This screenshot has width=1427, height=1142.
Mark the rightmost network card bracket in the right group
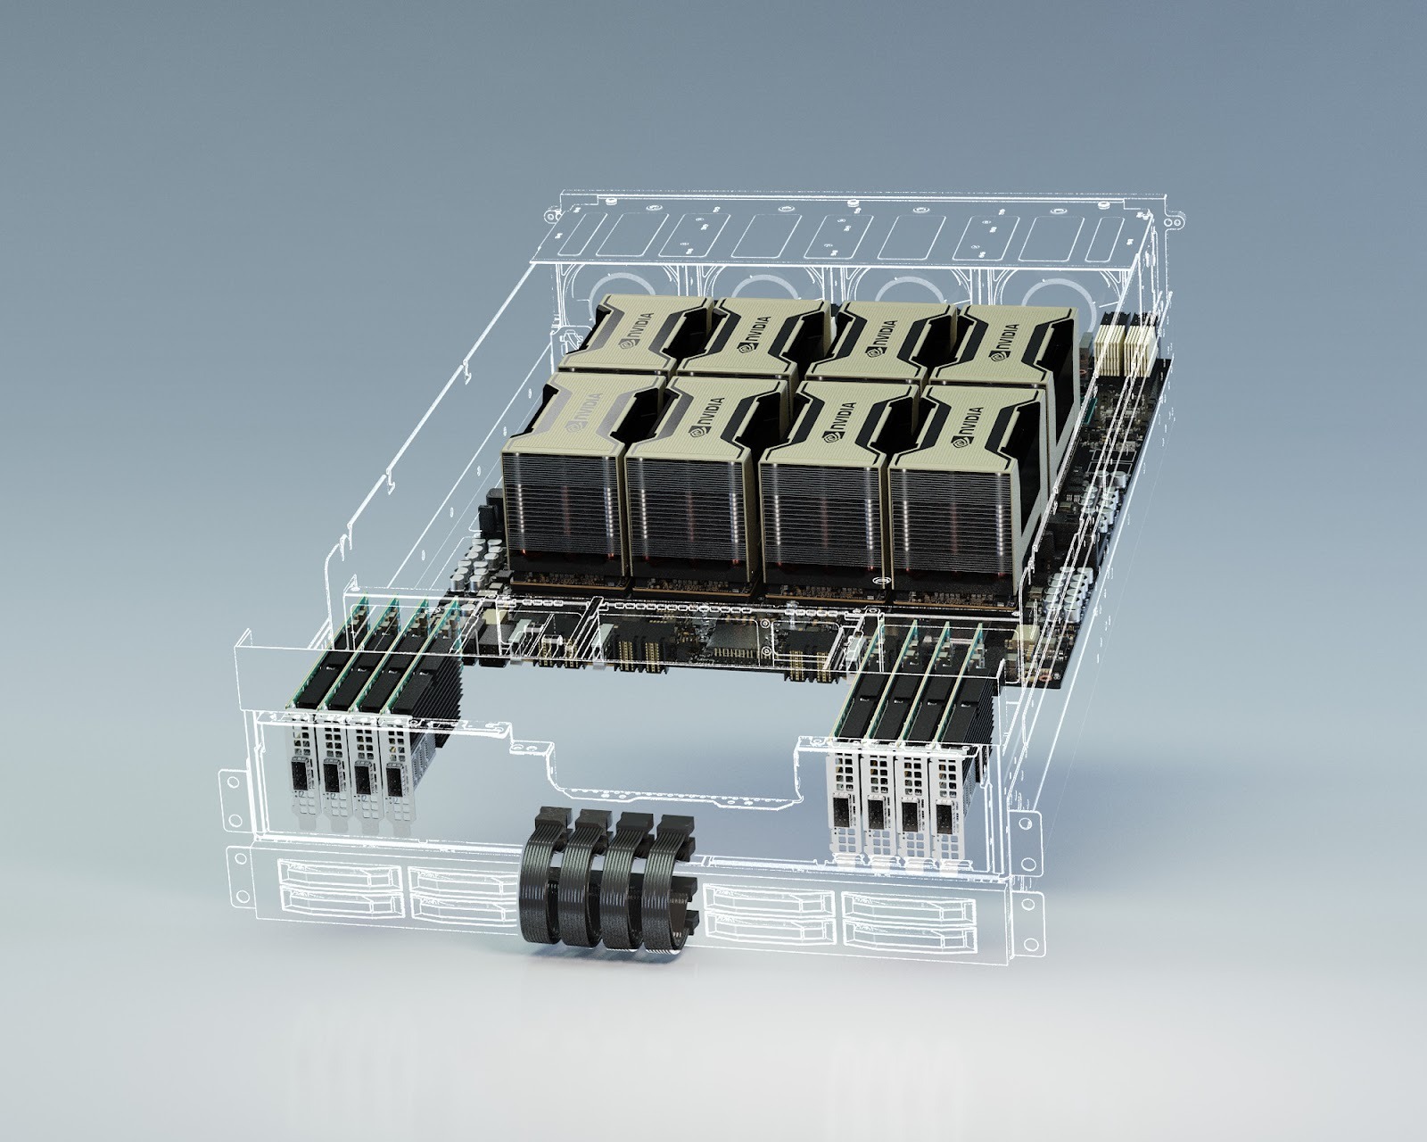(x=947, y=807)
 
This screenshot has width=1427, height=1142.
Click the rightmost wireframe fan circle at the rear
(x=1052, y=294)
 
